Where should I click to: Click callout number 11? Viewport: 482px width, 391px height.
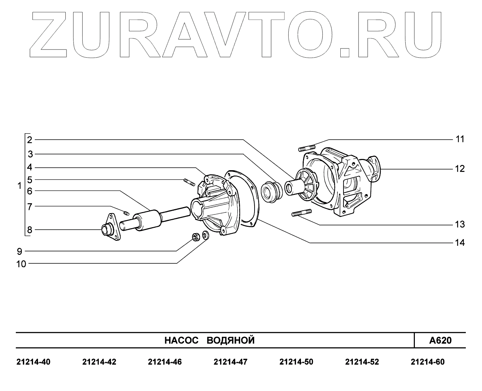(460, 139)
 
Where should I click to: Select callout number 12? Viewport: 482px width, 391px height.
(460, 169)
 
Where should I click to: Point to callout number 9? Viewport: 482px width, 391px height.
(19, 251)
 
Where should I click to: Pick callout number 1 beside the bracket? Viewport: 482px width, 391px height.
(20, 185)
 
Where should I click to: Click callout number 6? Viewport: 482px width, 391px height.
(30, 191)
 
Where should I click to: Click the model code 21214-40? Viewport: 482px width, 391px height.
(33, 362)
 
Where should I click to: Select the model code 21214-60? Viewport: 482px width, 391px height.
(428, 362)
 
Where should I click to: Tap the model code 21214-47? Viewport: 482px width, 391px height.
(230, 362)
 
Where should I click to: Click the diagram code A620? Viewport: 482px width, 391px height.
(440, 340)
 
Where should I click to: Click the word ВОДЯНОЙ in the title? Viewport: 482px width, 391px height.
(230, 340)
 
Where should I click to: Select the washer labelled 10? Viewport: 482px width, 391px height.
(206, 235)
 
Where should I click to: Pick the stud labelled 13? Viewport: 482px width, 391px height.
(302, 213)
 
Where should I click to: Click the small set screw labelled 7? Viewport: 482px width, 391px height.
(127, 212)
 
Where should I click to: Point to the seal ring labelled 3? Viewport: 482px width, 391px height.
(271, 192)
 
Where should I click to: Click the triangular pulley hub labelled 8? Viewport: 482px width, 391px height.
(111, 228)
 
